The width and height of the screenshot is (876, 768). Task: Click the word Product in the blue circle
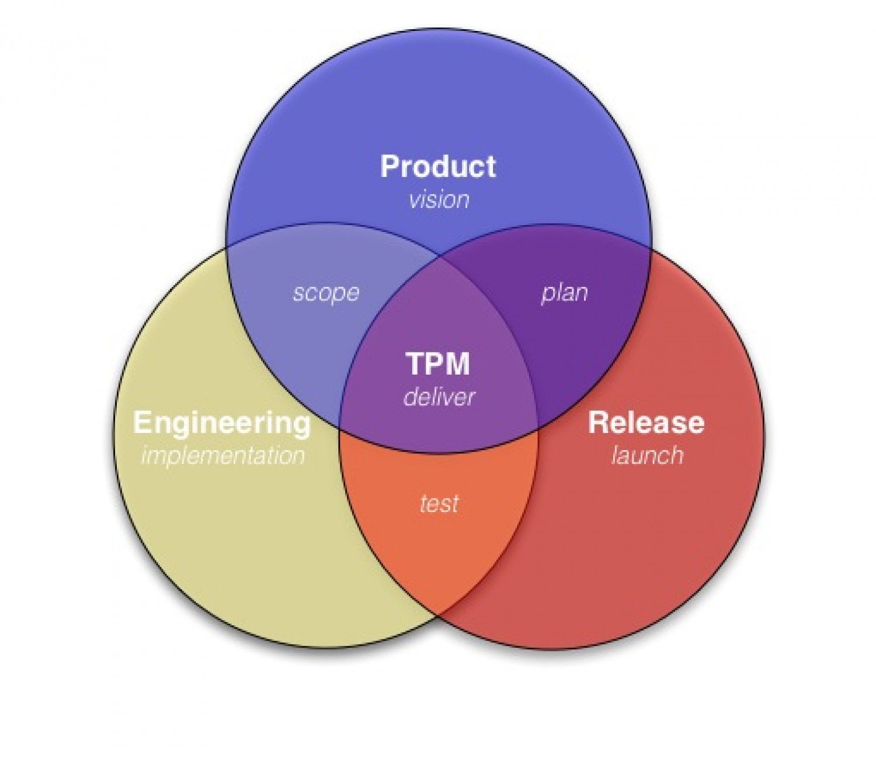click(x=438, y=167)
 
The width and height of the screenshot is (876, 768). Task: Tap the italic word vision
click(x=439, y=200)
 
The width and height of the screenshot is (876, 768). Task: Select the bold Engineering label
click(x=222, y=423)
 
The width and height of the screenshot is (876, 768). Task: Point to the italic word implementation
click(x=223, y=455)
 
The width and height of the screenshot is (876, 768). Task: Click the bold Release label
click(x=646, y=423)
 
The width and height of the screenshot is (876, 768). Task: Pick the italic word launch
click(x=647, y=455)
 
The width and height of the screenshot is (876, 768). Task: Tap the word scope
click(x=326, y=292)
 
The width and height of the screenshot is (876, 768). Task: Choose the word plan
click(x=564, y=292)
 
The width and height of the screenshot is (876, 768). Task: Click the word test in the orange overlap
click(x=439, y=503)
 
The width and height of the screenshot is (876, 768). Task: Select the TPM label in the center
click(x=438, y=364)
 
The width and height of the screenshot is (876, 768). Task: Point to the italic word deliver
click(x=439, y=397)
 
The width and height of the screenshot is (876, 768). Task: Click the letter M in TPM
click(x=457, y=364)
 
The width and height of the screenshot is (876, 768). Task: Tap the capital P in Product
click(x=390, y=167)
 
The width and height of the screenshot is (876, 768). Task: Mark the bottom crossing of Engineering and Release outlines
click(x=439, y=615)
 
